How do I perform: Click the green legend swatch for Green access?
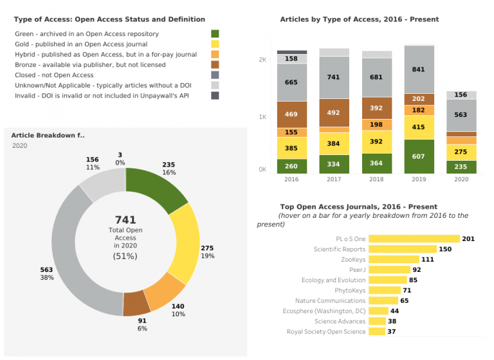tap(215, 33)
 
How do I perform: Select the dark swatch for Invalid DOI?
tap(215, 96)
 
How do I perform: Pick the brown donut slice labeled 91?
tap(137, 303)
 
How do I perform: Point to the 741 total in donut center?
tap(125, 220)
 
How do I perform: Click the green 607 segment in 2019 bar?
tap(418, 156)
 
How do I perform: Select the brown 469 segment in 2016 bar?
tap(292, 114)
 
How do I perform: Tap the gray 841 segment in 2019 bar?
tap(418, 69)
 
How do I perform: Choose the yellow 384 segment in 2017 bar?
tap(334, 143)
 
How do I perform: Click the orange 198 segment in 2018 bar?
tap(376, 125)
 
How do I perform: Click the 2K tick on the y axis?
tap(262, 59)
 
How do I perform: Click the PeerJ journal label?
tap(357, 270)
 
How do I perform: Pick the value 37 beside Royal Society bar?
tap(392, 332)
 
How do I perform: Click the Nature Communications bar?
tap(382, 301)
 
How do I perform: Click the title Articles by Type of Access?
tap(359, 19)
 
